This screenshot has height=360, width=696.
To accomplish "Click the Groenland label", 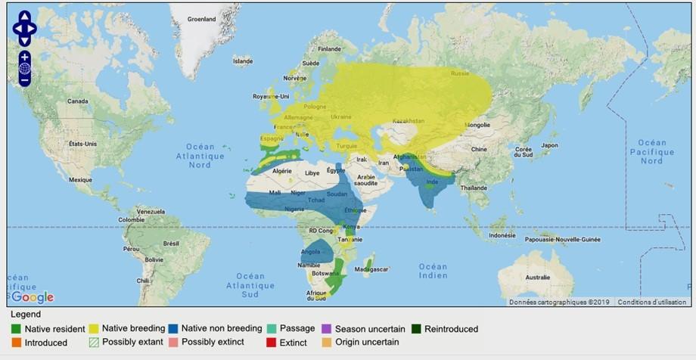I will tap(202, 19).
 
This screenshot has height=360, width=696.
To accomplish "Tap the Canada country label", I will tap(78, 101).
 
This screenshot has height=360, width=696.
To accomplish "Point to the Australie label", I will tap(537, 277).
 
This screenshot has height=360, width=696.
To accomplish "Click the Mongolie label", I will tap(477, 125).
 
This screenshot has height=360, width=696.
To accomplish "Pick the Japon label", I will tap(549, 146).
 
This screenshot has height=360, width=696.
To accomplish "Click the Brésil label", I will tap(171, 244).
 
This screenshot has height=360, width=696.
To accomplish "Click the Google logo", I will tap(33, 297).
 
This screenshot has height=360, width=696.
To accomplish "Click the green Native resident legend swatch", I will tap(16, 329).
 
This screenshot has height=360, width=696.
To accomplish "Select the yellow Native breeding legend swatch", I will tap(93, 329).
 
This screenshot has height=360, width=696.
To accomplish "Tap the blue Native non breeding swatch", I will tap(175, 329).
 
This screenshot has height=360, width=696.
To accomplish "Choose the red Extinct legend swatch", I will tap(272, 343).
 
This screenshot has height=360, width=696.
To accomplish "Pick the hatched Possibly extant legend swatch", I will tap(93, 343).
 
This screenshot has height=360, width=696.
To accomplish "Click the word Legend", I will tap(26, 315).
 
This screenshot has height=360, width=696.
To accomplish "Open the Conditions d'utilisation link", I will tap(651, 302).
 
